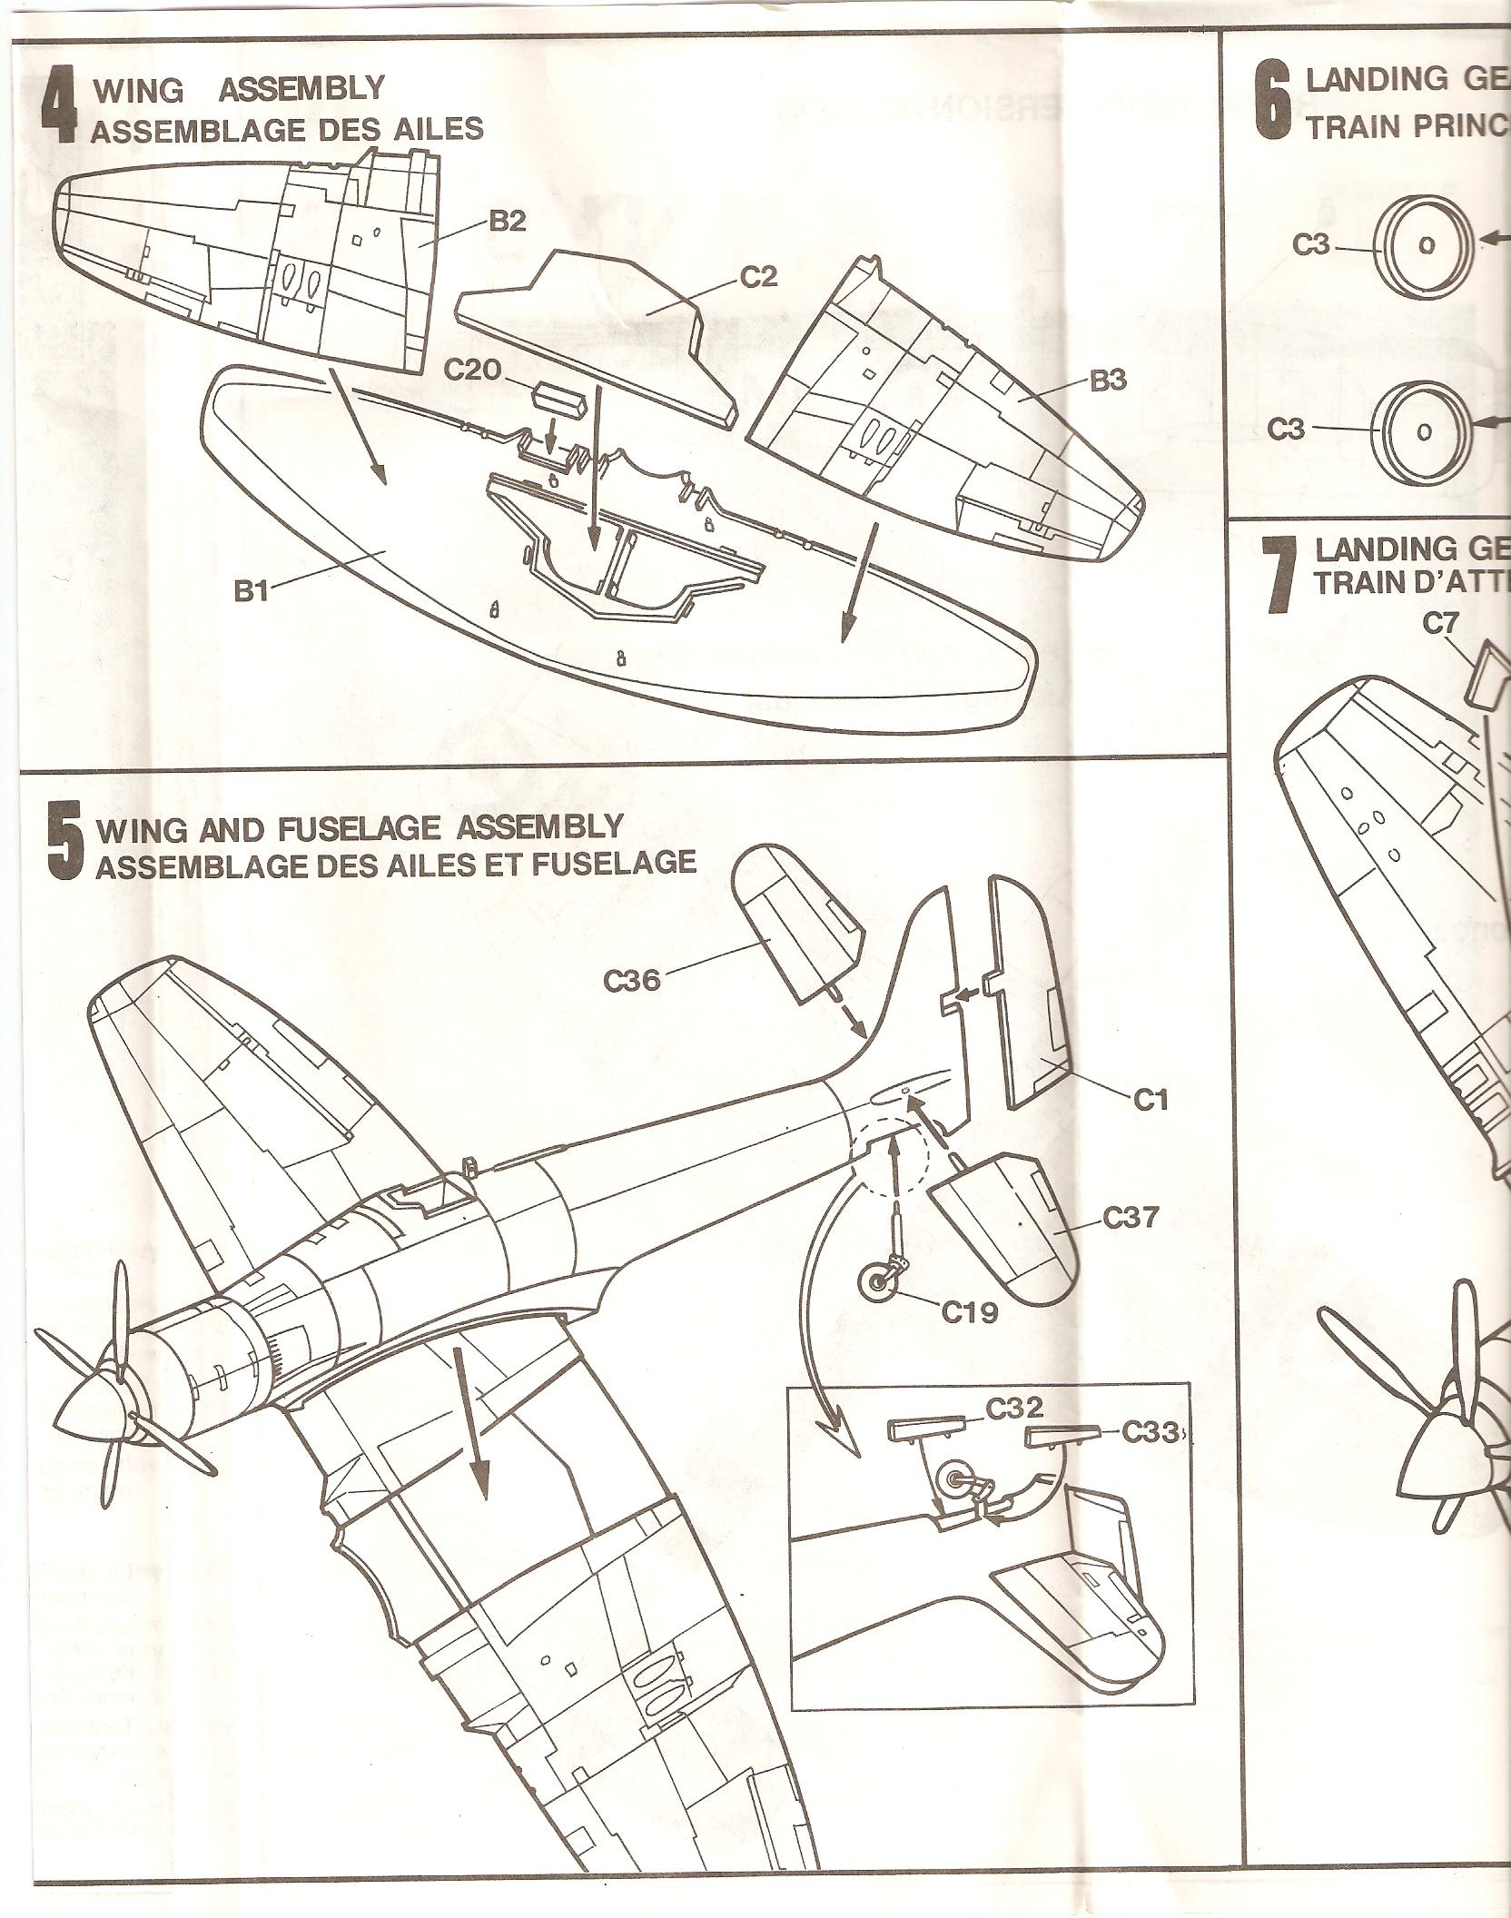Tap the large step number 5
click(x=64, y=846)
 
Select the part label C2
click(x=758, y=277)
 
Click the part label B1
click(x=248, y=592)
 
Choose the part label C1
click(x=1150, y=1101)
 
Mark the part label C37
click(x=1131, y=1217)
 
